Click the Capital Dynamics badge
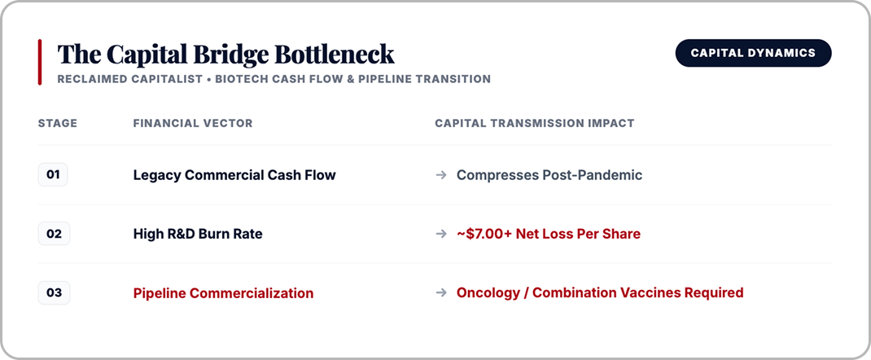point(753,53)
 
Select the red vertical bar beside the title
point(39,62)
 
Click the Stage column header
point(58,123)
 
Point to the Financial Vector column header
point(193,123)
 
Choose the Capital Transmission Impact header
point(534,123)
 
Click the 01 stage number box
point(53,175)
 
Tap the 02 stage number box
point(54,234)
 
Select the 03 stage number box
point(54,292)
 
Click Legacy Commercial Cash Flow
point(234,176)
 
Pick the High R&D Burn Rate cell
point(198,235)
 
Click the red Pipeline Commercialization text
point(223,293)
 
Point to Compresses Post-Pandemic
point(549,176)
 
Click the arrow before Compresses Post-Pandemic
point(441,176)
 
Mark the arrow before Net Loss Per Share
point(441,235)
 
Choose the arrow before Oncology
point(441,292)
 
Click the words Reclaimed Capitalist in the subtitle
point(130,80)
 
